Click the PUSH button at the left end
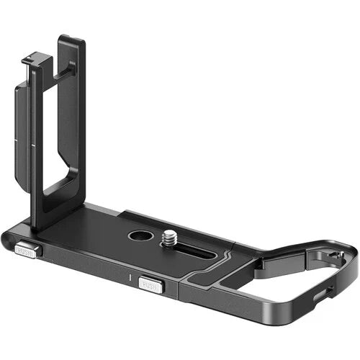pos(27,251)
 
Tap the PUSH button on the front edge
pos(151,285)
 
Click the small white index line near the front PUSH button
pos(127,276)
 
